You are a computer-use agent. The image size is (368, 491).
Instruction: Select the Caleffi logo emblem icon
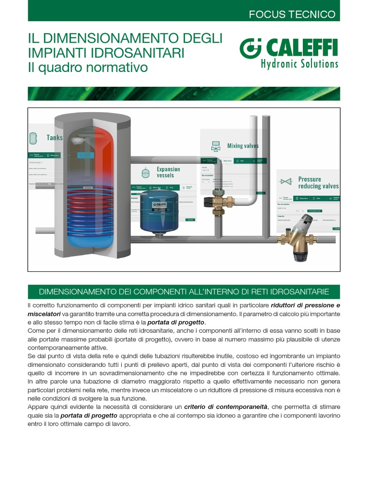pyautogui.click(x=249, y=48)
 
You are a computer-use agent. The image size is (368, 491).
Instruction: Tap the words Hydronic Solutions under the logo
pyautogui.click(x=299, y=63)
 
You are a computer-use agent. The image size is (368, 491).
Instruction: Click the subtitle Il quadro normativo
pyautogui.click(x=88, y=68)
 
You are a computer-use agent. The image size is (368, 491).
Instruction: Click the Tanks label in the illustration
pyautogui.click(x=55, y=138)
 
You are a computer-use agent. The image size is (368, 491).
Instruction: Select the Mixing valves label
pyautogui.click(x=242, y=146)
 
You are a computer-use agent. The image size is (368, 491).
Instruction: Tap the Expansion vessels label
pyautogui.click(x=168, y=172)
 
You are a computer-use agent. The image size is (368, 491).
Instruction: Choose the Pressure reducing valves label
pyautogui.click(x=318, y=183)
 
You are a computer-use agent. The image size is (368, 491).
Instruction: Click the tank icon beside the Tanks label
pyautogui.click(x=34, y=138)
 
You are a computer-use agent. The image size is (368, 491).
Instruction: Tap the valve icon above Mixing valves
pyautogui.click(x=216, y=146)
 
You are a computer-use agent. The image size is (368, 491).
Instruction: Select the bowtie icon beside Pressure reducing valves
pyautogui.click(x=287, y=182)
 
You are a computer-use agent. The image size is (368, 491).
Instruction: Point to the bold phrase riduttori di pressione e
pyautogui.click(x=305, y=305)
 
